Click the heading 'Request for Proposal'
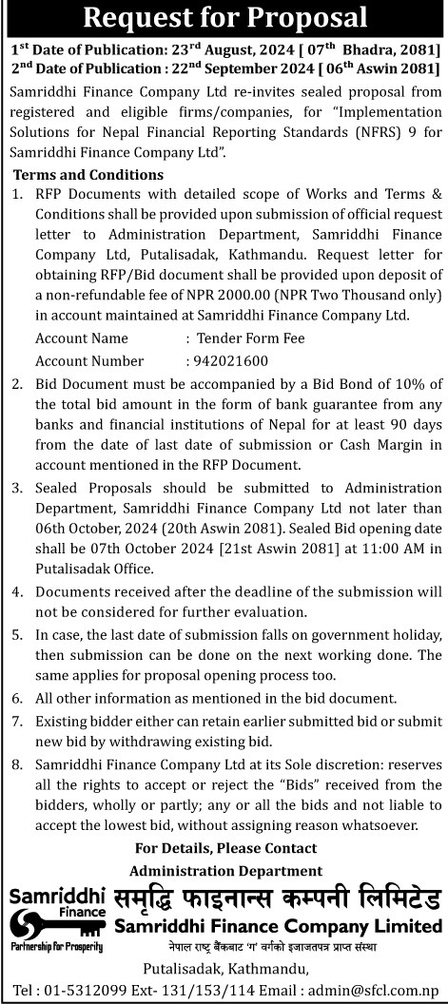pos(224,17)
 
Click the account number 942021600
pos(230,360)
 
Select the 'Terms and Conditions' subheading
pos(88,174)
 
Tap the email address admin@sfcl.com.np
pos(379,990)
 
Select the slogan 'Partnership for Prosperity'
pos(56,947)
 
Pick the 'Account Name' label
pos(82,338)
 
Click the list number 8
pos(17,763)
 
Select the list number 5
pos(17,635)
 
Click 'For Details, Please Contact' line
pos(225,847)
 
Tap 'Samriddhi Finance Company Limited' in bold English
pos(278,926)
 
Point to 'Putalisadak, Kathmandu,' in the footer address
pos(225,969)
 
